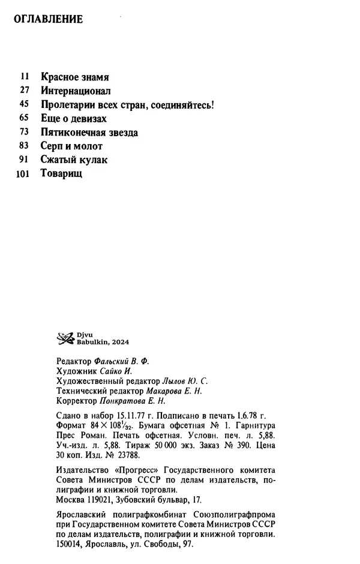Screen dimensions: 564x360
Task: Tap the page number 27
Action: tap(25, 91)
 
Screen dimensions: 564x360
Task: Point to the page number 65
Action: tap(25, 119)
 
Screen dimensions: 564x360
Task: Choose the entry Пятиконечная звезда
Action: tap(90, 133)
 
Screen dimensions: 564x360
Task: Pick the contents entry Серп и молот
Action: tap(72, 146)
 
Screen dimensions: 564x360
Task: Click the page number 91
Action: tap(25, 160)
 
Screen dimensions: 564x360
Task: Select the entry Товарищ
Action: tap(61, 174)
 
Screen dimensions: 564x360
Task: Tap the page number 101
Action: tap(22, 174)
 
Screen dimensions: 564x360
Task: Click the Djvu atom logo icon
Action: tap(64, 340)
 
